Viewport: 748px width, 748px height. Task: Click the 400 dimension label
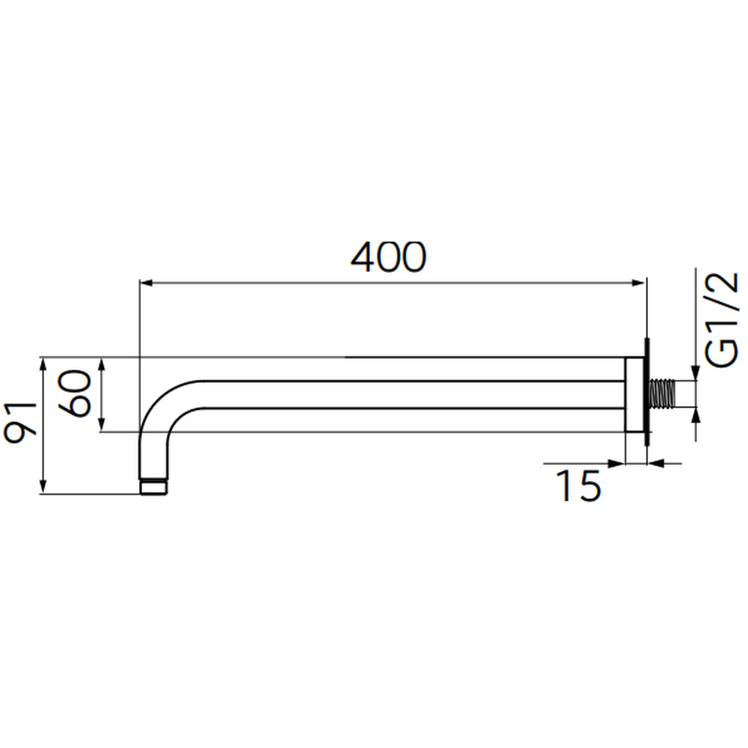pyautogui.click(x=387, y=257)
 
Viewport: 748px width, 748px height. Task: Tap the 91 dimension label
pyautogui.click(x=20, y=423)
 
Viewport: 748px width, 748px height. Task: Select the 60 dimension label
pyautogui.click(x=74, y=393)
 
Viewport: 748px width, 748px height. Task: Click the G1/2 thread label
pyautogui.click(x=721, y=320)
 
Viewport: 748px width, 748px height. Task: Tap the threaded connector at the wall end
pyautogui.click(x=663, y=394)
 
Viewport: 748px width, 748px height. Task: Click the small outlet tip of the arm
pyautogui.click(x=153, y=487)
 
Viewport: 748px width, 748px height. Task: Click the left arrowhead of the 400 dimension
pyautogui.click(x=147, y=283)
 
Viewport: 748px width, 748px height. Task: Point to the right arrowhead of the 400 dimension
pyautogui.click(x=638, y=283)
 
